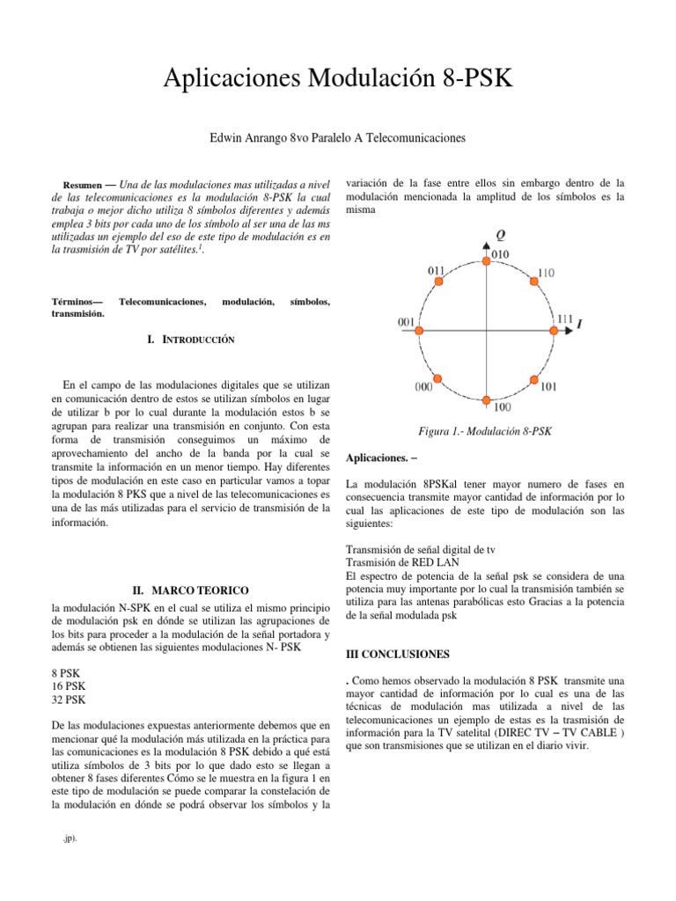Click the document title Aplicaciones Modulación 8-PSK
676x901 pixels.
pos(338,83)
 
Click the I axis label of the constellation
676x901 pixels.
pos(579,325)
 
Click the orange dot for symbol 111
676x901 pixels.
pos(554,330)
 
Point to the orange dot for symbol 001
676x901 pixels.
pos(419,330)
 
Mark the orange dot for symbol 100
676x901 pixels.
pos(487,397)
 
